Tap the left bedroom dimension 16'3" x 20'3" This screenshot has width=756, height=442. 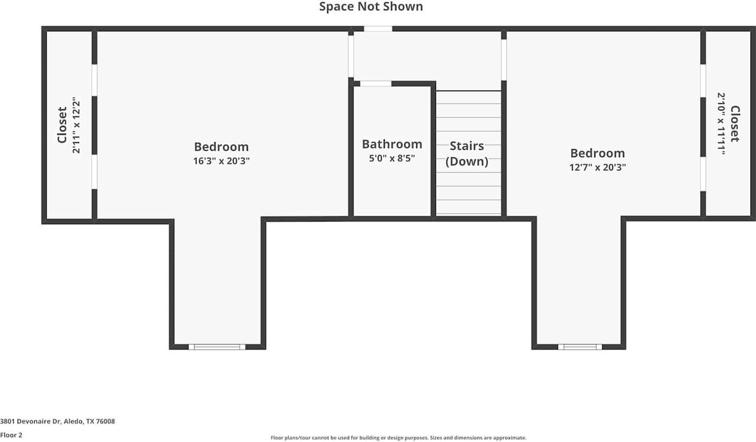[x=221, y=161]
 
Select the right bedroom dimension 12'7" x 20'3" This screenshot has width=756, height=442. [x=597, y=167]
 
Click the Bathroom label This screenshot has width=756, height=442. [x=392, y=144]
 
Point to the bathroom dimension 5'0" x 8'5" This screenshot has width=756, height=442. [x=392, y=158]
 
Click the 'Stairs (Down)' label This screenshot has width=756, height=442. [x=467, y=154]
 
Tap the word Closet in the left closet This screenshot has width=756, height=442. [x=62, y=125]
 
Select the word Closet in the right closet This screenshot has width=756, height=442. [x=734, y=123]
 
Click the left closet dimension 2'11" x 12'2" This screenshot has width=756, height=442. [x=76, y=125]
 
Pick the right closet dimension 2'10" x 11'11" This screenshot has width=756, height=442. [x=721, y=123]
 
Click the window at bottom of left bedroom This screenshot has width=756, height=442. [x=217, y=347]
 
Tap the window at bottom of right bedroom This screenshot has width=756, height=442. [x=579, y=347]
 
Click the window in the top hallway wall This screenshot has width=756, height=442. [x=378, y=28]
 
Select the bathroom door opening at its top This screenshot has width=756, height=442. [x=376, y=84]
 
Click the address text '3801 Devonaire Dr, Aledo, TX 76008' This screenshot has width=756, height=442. [x=57, y=421]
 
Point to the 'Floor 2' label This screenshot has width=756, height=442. [x=11, y=435]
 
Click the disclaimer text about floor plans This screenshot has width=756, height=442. [x=398, y=438]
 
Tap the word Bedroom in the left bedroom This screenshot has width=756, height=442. [x=221, y=147]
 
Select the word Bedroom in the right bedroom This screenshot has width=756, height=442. [x=597, y=154]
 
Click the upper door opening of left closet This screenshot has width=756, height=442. [x=94, y=80]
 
